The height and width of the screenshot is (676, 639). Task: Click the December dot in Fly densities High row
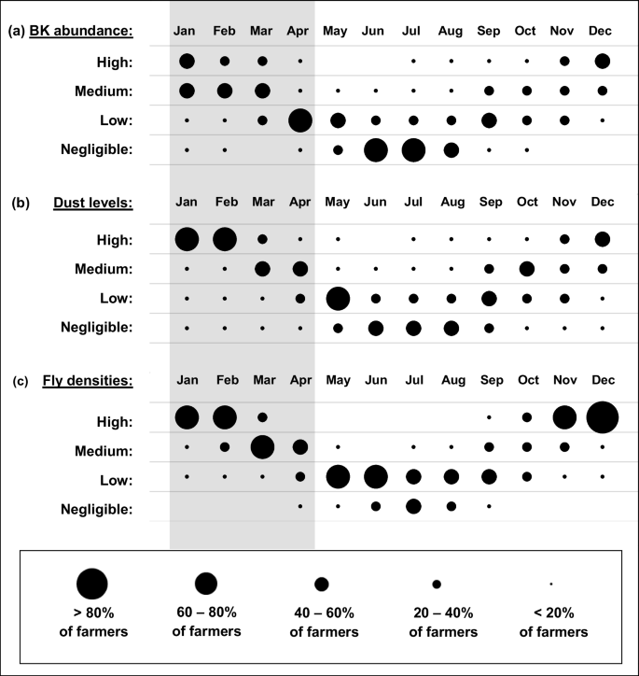(603, 417)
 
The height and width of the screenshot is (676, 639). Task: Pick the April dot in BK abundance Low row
(300, 120)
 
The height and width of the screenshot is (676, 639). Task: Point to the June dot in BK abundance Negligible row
(376, 150)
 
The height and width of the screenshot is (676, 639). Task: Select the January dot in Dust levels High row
(188, 239)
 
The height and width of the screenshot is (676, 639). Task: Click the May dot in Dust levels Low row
(338, 299)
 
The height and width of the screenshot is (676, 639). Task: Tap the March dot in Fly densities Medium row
(262, 447)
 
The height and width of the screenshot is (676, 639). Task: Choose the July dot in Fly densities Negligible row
(413, 506)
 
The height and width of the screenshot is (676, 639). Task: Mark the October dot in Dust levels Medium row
(527, 269)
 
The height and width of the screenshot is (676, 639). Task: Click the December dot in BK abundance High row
(603, 61)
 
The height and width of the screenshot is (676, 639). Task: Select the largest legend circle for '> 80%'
(92, 584)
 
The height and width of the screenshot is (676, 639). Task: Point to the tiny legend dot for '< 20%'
(551, 584)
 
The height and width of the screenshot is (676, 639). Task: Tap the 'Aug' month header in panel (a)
(451, 32)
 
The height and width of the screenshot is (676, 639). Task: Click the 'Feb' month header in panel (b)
(225, 202)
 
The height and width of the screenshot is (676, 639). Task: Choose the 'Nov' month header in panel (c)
(564, 381)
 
